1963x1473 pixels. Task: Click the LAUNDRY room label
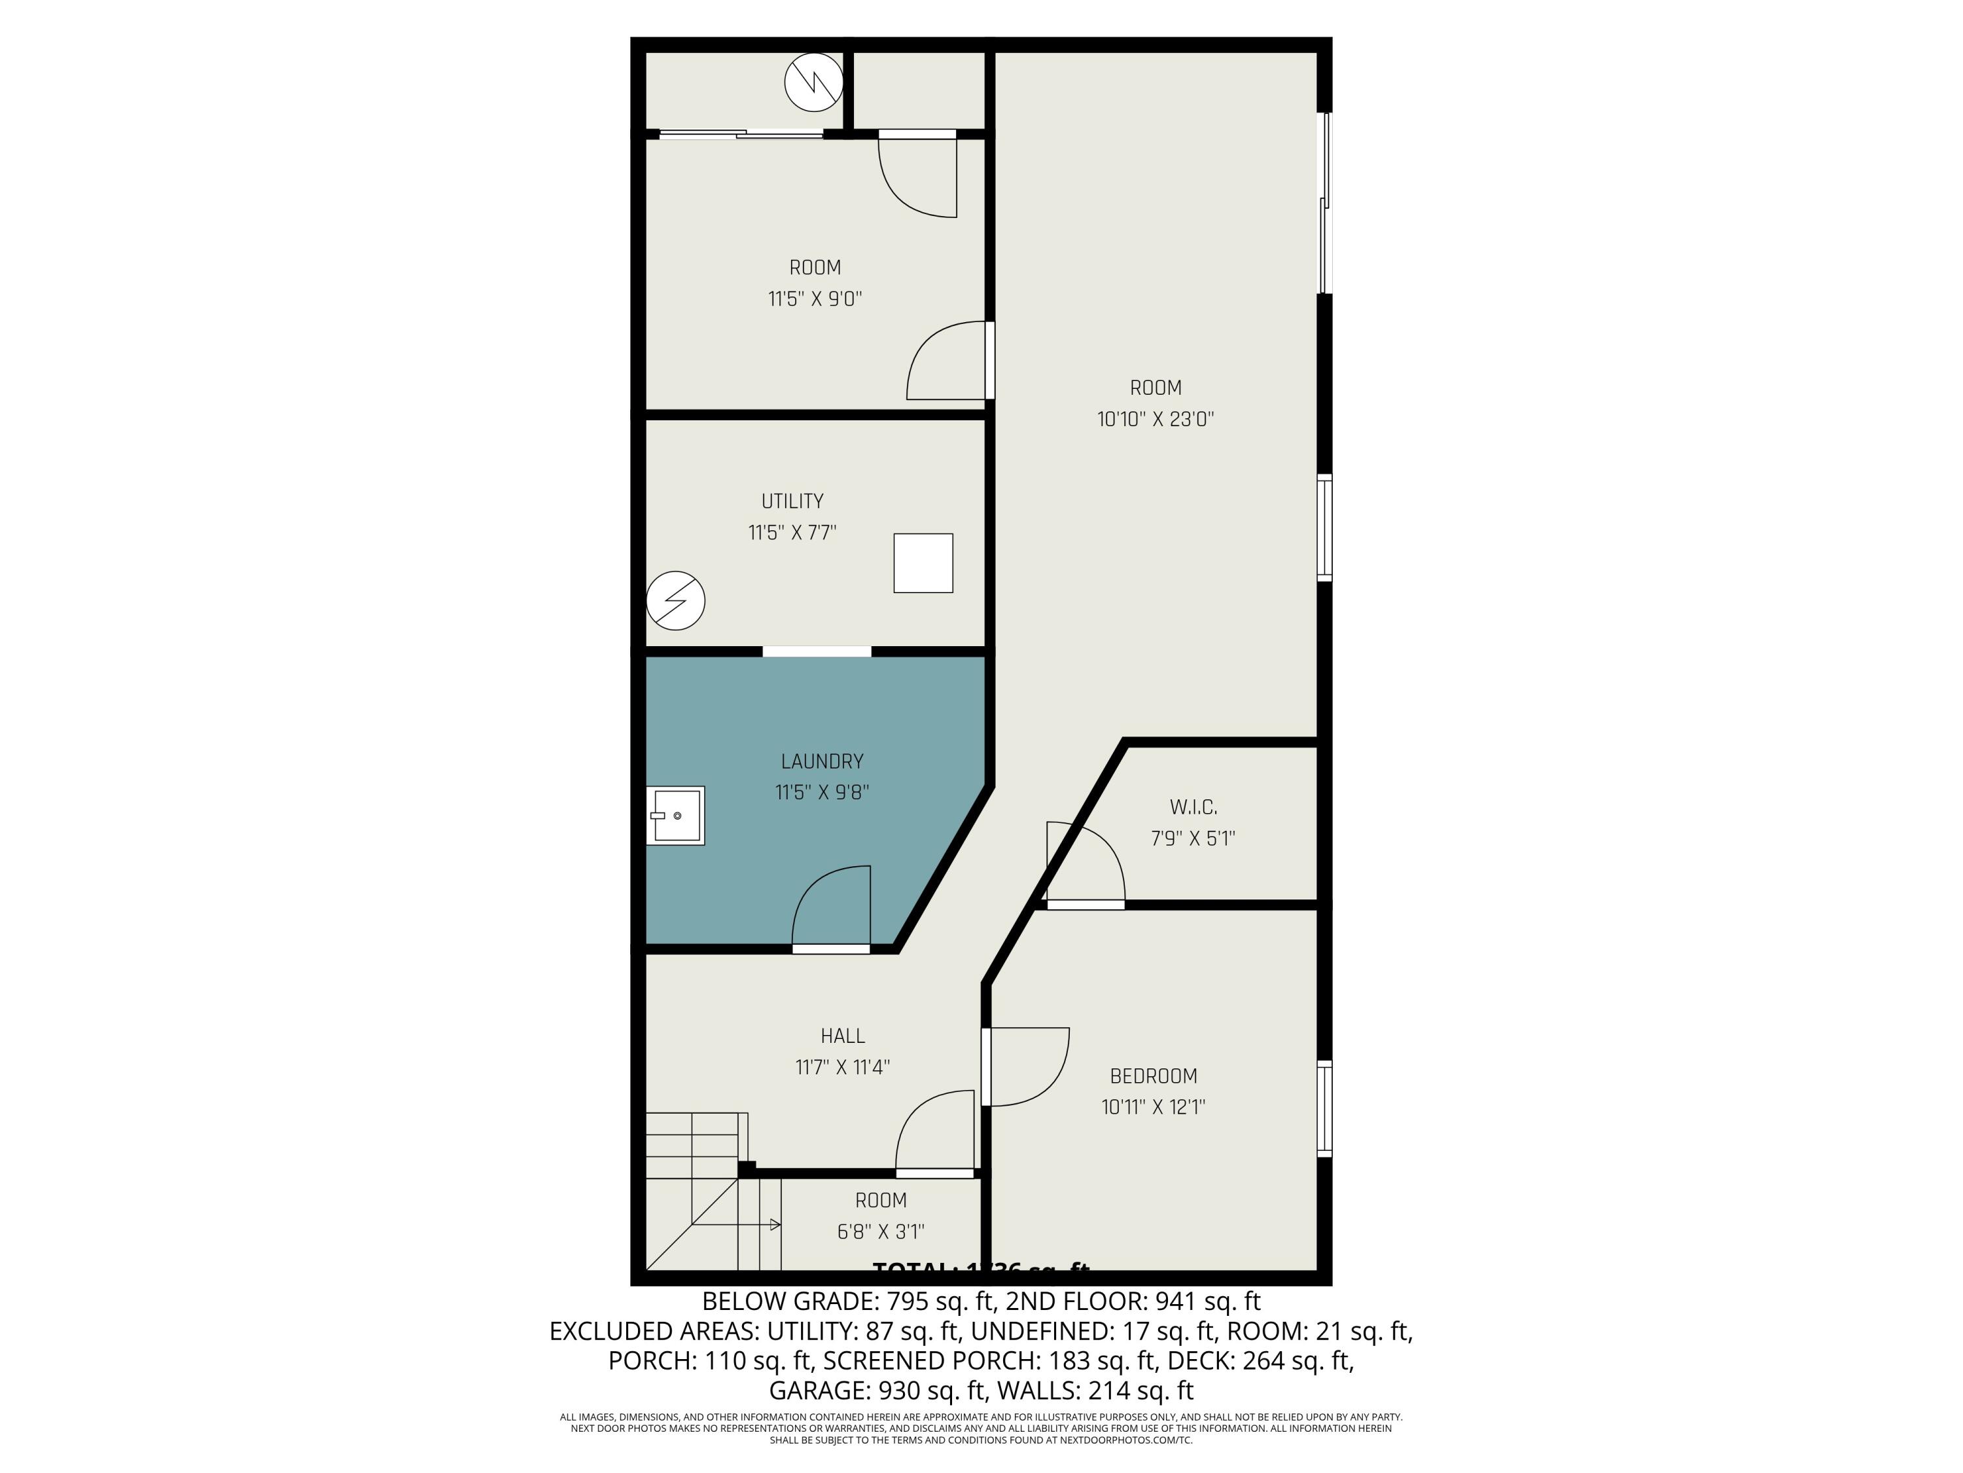pyautogui.click(x=822, y=761)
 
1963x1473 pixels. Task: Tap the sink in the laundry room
pyautogui.click(x=675, y=815)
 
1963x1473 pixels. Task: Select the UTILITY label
pyautogui.click(x=792, y=501)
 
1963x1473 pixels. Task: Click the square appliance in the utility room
pyautogui.click(x=923, y=563)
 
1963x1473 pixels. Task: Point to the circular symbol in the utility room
pyautogui.click(x=675, y=601)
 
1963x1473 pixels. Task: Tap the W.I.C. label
pyautogui.click(x=1193, y=807)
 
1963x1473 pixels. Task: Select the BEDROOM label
pyautogui.click(x=1154, y=1076)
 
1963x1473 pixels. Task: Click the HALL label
pyautogui.click(x=842, y=1035)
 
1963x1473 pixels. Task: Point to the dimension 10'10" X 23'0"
pyautogui.click(x=1156, y=419)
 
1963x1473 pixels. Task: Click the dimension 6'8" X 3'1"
pyautogui.click(x=880, y=1231)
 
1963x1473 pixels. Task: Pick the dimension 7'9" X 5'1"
pyautogui.click(x=1193, y=838)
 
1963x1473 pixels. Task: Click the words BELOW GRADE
pyautogui.click(x=790, y=1301)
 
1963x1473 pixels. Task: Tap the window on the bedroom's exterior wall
pyautogui.click(x=1324, y=1108)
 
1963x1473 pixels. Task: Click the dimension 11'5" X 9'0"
pyautogui.click(x=815, y=299)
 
